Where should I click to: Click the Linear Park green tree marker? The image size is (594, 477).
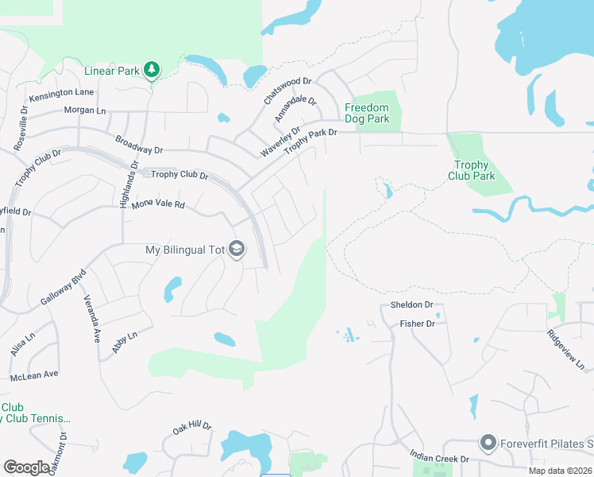coord(152,70)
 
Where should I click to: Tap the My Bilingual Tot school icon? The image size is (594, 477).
coord(236,250)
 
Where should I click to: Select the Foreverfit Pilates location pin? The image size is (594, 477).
coord(488,442)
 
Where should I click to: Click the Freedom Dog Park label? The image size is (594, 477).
coord(367,113)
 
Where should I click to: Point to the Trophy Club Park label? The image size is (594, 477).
coord(472,170)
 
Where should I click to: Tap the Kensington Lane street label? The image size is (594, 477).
coord(61,93)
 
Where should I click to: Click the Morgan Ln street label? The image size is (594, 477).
coord(85,111)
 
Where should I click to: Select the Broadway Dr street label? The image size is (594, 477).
coord(138,144)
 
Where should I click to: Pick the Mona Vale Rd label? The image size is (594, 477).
coord(158,204)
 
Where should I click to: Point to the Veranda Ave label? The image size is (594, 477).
coord(92,319)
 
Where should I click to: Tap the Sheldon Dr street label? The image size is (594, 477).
coord(411,304)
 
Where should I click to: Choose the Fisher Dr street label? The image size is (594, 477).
coord(417,324)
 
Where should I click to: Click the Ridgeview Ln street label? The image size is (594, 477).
coord(565,350)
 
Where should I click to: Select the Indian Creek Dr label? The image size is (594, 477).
coord(439,458)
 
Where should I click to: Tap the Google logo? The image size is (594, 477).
coord(26,467)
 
